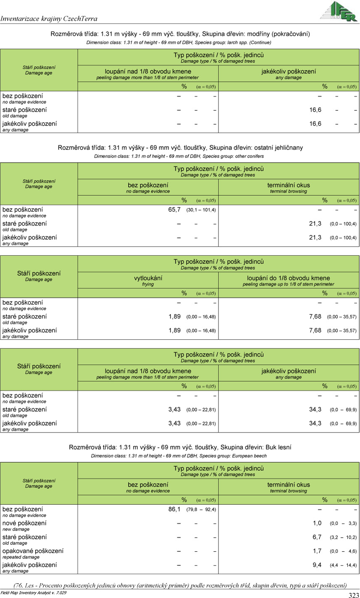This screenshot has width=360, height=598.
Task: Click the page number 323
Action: [x=353, y=595]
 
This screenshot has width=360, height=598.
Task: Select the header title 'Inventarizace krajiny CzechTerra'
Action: [x=49, y=18]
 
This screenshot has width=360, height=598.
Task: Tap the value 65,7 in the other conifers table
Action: [x=174, y=210]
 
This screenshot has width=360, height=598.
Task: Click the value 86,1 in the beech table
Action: [x=174, y=509]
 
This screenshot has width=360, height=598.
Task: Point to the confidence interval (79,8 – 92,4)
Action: [x=201, y=510]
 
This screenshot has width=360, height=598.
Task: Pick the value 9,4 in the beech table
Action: [x=317, y=565]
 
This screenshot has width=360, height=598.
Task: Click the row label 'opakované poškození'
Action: [x=33, y=551]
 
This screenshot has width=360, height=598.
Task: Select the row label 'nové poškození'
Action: [x=24, y=523]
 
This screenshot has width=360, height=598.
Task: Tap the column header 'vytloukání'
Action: [x=148, y=278]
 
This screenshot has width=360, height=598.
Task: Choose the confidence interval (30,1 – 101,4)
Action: [x=201, y=210]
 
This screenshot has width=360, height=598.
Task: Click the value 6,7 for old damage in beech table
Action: [x=317, y=537]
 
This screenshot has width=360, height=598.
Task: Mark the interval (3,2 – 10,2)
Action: [x=343, y=538]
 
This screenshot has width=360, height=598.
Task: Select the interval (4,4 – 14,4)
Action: [x=343, y=565]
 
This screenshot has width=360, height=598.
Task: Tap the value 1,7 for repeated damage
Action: [x=317, y=551]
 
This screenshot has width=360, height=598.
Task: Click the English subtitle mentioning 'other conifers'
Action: [x=179, y=156]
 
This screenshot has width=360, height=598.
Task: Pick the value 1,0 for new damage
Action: [x=317, y=523]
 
